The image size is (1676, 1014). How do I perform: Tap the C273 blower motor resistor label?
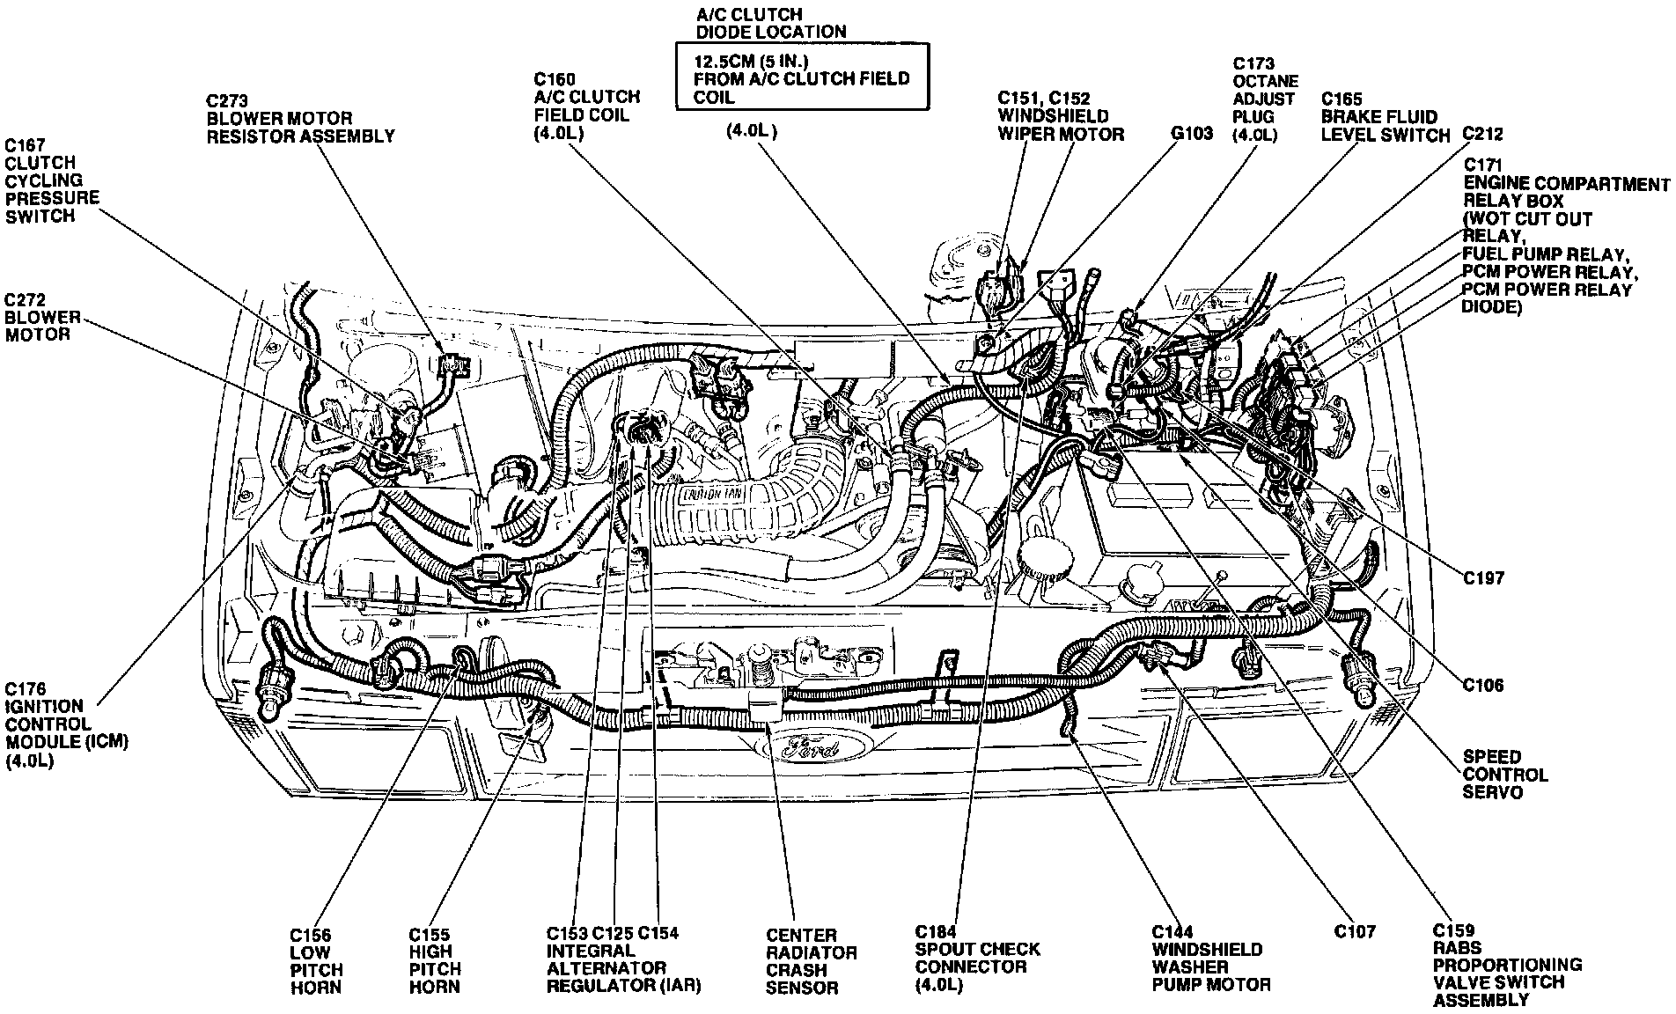coord(299,118)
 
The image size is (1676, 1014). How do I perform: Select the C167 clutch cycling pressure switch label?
coord(51,180)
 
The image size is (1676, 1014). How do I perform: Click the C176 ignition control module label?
coord(65,724)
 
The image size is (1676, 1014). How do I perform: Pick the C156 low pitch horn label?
coord(316,960)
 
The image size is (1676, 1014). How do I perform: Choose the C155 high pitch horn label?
coord(435,960)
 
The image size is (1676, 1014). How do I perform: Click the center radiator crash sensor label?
coord(810,960)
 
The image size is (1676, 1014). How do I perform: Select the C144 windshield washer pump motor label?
coord(1209,958)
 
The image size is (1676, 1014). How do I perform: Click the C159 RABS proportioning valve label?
coord(1506,965)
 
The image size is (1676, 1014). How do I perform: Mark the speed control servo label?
coord(1504,775)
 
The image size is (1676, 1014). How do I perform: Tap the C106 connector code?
coord(1483,685)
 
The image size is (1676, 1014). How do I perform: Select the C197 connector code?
coord(1483,578)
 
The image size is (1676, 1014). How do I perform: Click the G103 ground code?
coord(1191,134)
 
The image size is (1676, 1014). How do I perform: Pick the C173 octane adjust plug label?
coord(1265,99)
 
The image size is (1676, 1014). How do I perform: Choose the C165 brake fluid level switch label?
coord(1384,116)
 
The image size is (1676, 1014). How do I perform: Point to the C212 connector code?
coord(1481,134)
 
